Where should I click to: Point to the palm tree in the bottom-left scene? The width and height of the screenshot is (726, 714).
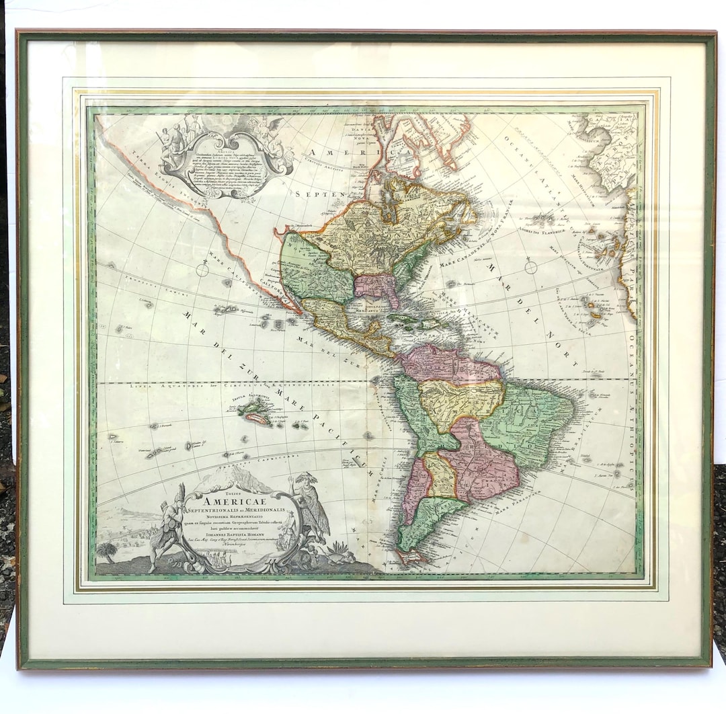(106, 552)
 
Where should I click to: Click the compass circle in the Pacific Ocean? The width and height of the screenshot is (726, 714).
(202, 270)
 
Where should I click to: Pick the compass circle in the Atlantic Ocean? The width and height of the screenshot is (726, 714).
(530, 268)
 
